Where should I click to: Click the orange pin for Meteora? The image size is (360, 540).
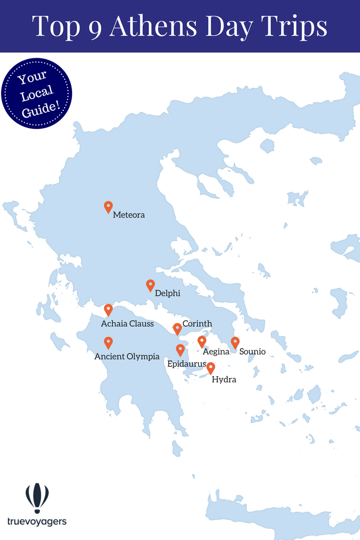pyautogui.click(x=108, y=207)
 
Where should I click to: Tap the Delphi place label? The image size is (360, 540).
pyautogui.click(x=168, y=294)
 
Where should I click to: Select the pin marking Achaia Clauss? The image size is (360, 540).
pyautogui.click(x=108, y=310)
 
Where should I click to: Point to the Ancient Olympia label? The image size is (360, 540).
pyautogui.click(x=127, y=356)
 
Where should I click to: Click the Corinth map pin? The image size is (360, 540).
pyautogui.click(x=177, y=328)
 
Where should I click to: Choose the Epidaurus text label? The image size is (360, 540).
pyautogui.click(x=187, y=364)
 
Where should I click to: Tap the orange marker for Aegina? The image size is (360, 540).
pyautogui.click(x=201, y=342)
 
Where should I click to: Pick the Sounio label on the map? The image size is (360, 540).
pyautogui.click(x=253, y=351)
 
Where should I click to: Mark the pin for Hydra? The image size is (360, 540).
pyautogui.click(x=211, y=368)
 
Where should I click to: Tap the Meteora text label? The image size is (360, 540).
pyautogui.click(x=129, y=215)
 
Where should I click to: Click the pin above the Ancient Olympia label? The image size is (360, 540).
pyautogui.click(x=108, y=343)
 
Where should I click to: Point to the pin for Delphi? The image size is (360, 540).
pyautogui.click(x=150, y=285)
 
